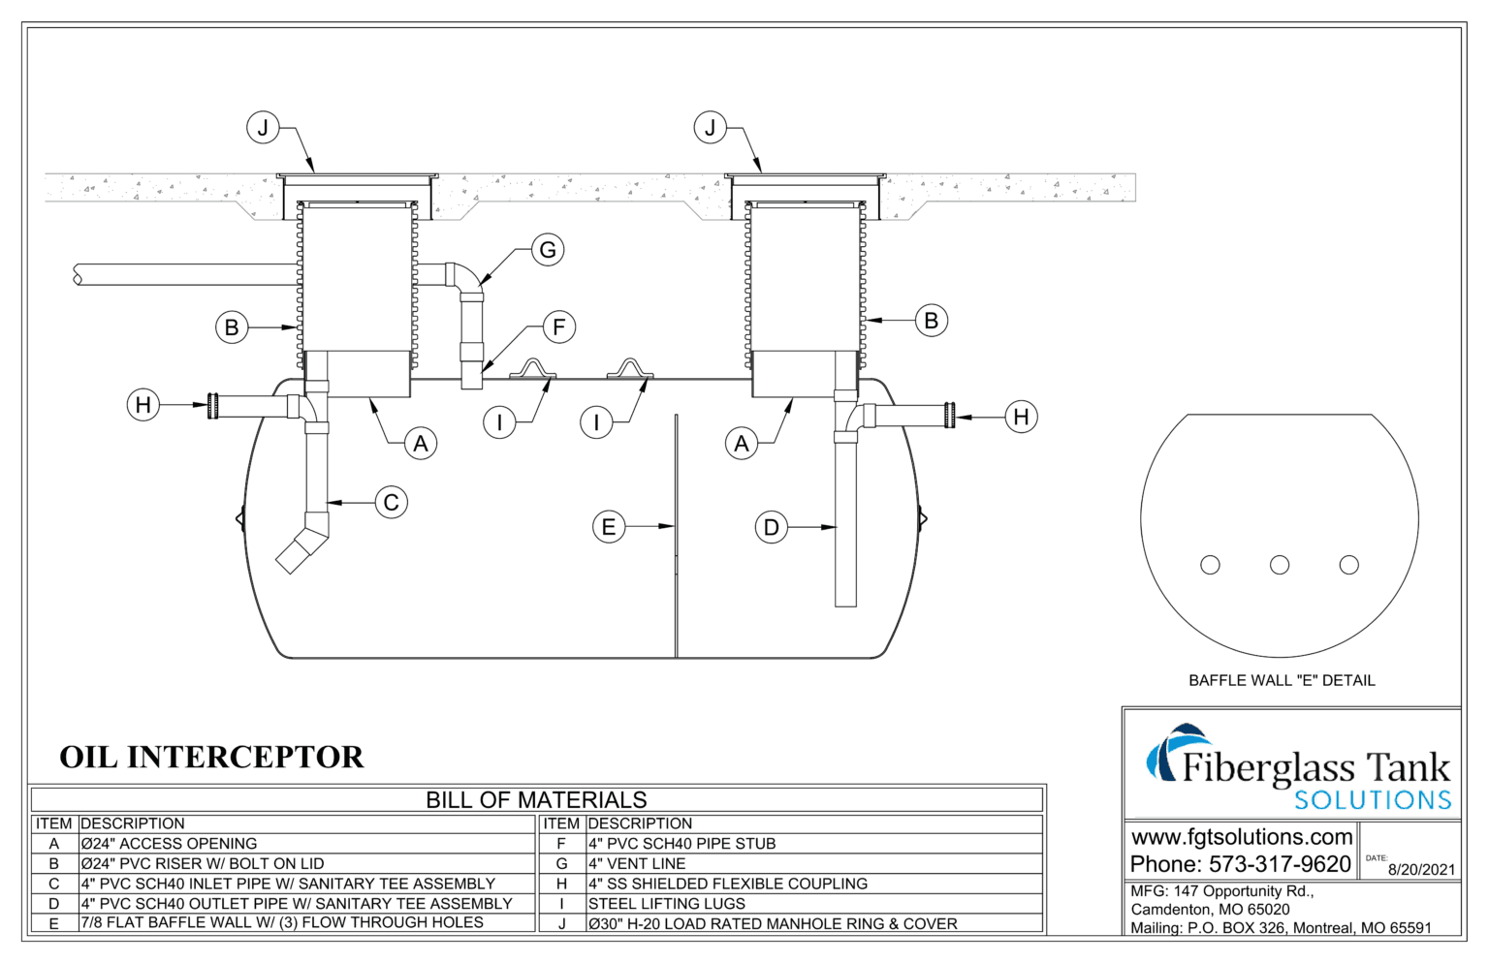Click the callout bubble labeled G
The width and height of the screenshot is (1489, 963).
point(548,250)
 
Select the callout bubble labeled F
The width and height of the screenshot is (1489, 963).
point(558,327)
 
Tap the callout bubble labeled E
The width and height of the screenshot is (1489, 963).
point(609,527)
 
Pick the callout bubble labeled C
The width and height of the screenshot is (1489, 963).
point(392,503)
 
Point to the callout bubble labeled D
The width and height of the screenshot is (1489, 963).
point(772,528)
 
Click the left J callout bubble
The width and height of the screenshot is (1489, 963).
point(263,127)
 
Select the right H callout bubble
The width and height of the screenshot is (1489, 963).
point(1021,417)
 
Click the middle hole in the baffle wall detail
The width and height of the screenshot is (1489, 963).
point(1280,565)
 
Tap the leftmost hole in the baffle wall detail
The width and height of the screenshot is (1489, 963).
point(1210,565)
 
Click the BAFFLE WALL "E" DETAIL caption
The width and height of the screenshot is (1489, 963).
point(1282,681)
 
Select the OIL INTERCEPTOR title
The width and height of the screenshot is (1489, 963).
point(211,757)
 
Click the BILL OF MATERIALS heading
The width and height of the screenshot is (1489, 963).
point(536,800)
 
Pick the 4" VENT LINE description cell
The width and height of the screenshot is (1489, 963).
point(637,863)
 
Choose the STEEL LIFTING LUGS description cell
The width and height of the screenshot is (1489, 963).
point(667,903)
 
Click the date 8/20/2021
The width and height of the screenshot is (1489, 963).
point(1421,869)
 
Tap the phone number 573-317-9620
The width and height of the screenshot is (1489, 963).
point(1280,863)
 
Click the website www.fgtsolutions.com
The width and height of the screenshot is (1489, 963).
point(1242,836)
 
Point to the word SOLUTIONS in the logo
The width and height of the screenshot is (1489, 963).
point(1373,800)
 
